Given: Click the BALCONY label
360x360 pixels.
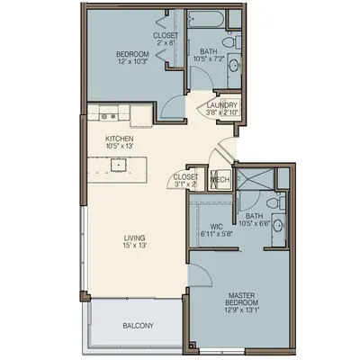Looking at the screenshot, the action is (138, 326).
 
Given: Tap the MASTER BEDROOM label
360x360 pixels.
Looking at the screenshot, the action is (242, 299).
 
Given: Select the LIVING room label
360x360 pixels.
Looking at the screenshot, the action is (134, 238).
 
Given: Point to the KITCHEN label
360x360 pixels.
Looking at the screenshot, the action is (120, 139).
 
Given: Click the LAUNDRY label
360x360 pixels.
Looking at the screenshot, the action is (222, 105).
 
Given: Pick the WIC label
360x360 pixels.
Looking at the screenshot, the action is (217, 226).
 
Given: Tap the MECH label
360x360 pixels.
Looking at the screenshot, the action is (220, 180).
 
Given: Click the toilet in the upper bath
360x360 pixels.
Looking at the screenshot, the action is (233, 41).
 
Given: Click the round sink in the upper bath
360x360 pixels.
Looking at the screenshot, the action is (234, 65).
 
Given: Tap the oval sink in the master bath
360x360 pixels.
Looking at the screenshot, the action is (279, 225).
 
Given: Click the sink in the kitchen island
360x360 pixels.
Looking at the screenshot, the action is (119, 165).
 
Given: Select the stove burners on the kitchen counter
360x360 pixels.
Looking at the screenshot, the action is (108, 116).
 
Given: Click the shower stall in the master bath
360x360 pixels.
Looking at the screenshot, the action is (255, 179).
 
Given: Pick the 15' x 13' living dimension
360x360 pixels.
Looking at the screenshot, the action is (134, 246).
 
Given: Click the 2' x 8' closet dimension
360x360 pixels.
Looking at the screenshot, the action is (166, 42).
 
